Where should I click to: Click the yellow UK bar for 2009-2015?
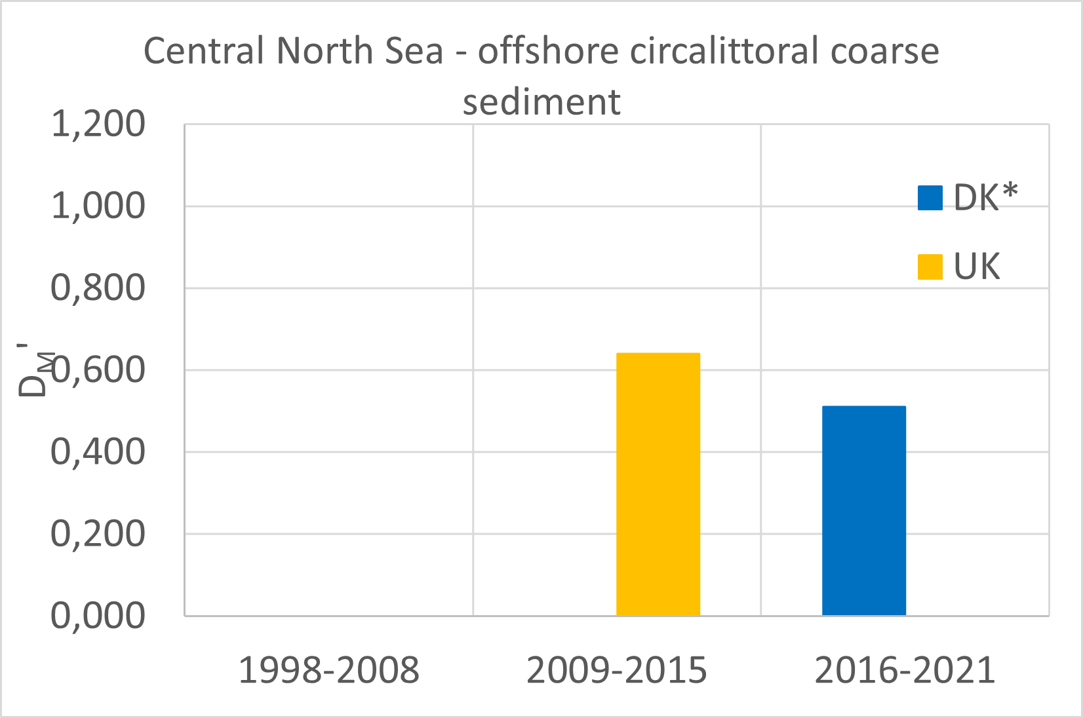658,484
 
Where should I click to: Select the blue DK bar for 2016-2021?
864,511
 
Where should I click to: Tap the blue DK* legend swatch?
930,198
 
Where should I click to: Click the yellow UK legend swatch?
930,267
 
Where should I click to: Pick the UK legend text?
977,266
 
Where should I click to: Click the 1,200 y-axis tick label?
98,124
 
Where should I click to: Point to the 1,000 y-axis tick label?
98,206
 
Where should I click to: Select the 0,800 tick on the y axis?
98,288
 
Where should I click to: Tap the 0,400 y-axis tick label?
98,452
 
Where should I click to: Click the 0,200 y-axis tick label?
98,533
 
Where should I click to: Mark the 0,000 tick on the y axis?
98,616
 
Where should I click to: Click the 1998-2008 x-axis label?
329,670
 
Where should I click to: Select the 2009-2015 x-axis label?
617,670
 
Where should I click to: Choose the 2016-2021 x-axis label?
905,670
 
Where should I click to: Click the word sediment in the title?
541,102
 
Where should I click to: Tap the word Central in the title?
204,50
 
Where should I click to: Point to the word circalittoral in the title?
724,50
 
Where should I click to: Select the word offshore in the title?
548,50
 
